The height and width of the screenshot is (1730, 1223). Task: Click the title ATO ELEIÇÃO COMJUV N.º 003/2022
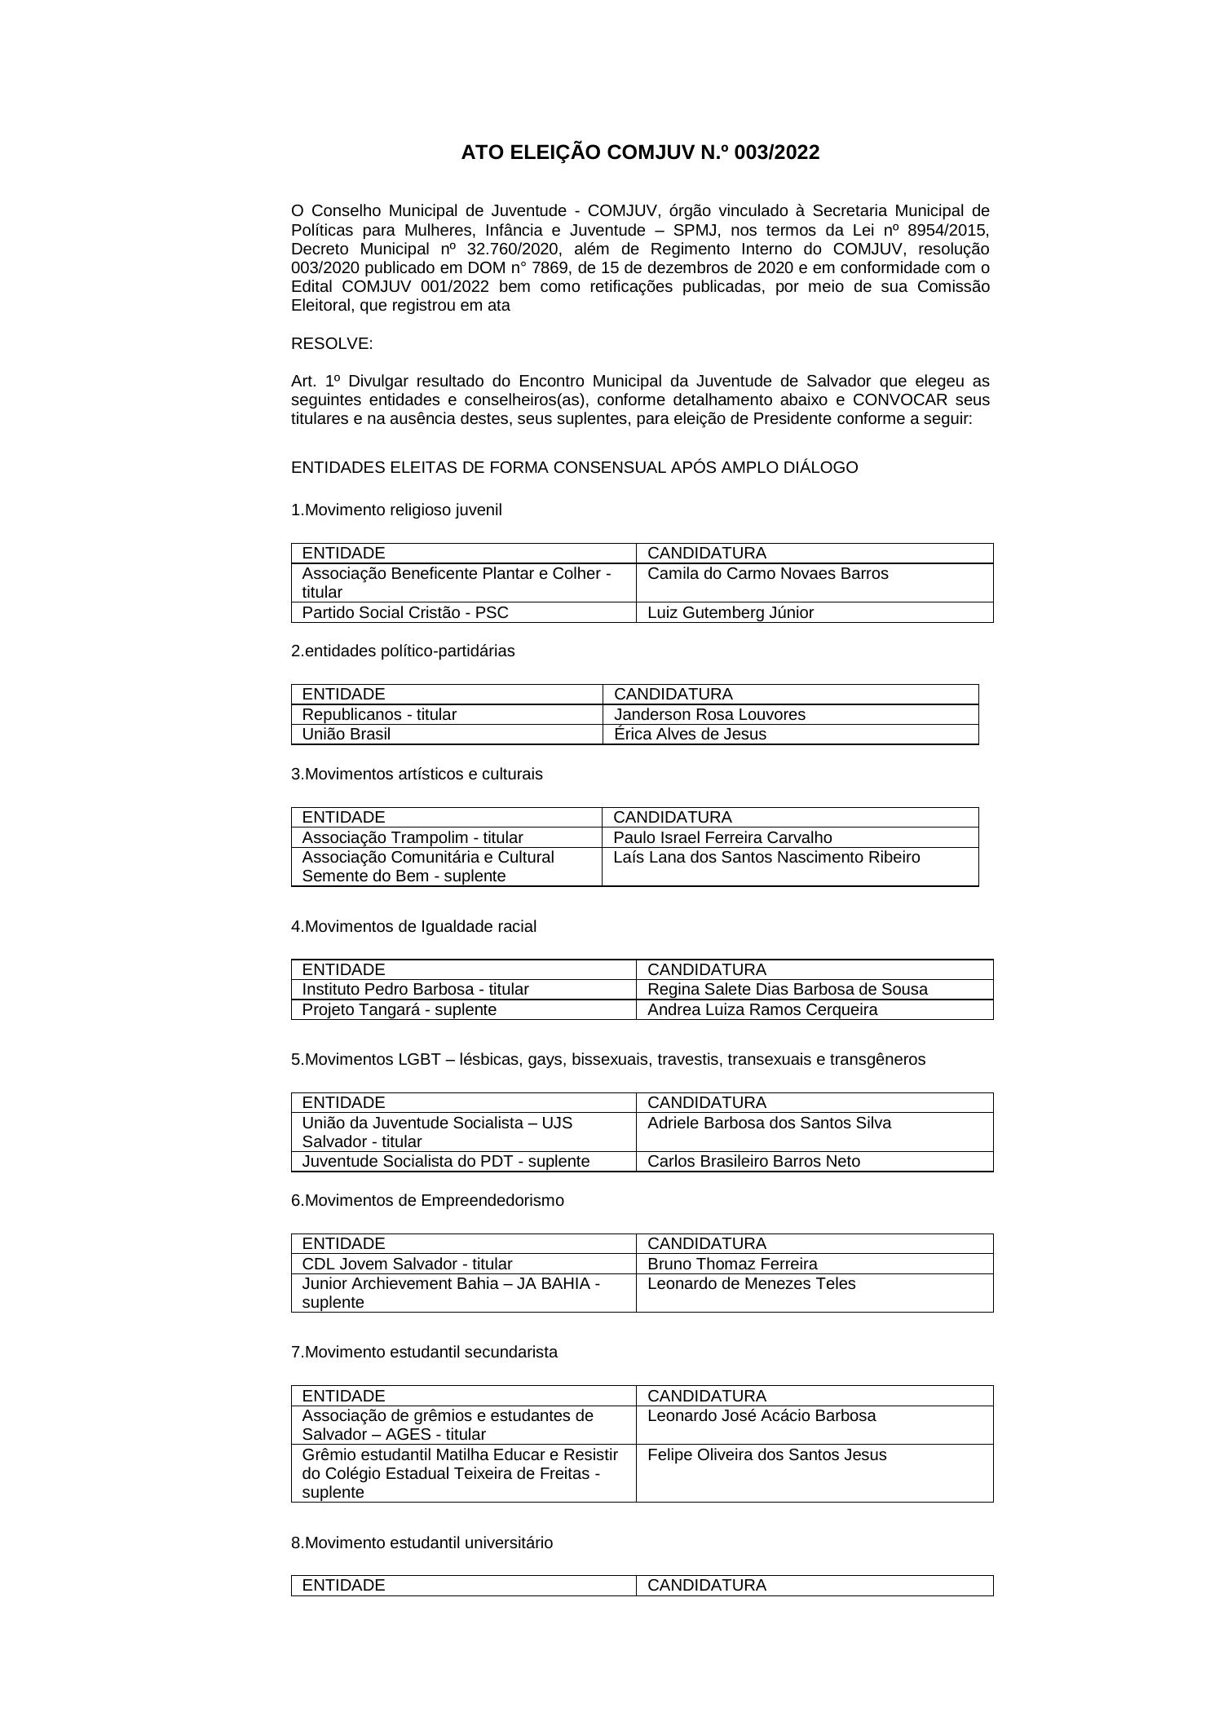(640, 152)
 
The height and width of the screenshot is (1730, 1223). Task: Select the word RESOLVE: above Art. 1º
(332, 343)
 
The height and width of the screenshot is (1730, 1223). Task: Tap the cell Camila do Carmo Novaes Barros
(767, 573)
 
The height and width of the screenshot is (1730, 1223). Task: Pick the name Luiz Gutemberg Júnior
(731, 612)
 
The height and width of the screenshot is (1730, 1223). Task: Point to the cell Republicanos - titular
(379, 714)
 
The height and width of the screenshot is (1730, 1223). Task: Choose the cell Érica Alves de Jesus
(690, 734)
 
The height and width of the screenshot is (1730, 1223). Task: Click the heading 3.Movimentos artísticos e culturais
(417, 774)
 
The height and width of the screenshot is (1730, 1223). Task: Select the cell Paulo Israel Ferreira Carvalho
(722, 837)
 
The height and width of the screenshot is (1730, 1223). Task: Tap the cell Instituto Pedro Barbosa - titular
(415, 989)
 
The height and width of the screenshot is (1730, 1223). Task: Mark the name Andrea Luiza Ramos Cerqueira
(762, 1009)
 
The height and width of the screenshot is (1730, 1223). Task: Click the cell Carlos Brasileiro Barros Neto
(753, 1161)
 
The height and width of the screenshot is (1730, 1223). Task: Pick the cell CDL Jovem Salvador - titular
(407, 1264)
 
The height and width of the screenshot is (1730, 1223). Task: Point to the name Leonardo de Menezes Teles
(751, 1283)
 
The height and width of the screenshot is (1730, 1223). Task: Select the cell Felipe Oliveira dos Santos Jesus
(766, 1454)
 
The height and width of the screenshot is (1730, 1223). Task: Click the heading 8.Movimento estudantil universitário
(422, 1542)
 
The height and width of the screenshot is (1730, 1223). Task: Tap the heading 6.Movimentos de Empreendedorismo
(427, 1200)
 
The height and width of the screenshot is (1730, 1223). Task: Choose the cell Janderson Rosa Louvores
(709, 714)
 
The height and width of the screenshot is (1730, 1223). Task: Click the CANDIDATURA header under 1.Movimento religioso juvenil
(707, 553)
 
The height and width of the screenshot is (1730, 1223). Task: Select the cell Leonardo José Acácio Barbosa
(762, 1415)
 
